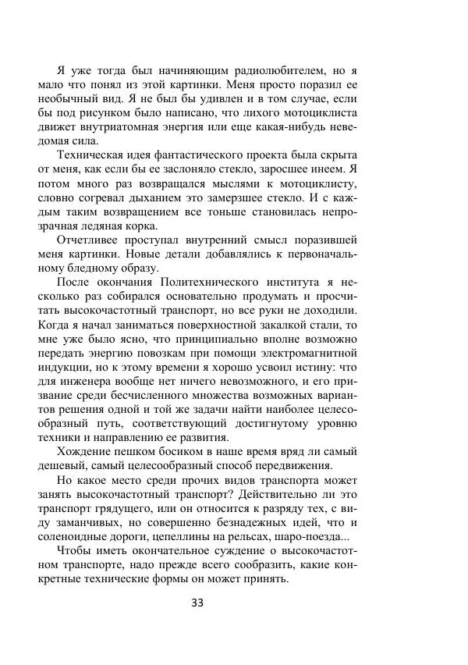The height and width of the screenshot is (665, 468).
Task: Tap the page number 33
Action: (x=233, y=602)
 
